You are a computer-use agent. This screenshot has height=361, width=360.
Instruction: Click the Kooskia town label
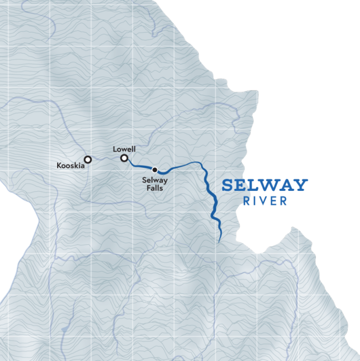click(x=70, y=165)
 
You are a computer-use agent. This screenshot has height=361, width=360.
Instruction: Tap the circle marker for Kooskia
click(x=88, y=159)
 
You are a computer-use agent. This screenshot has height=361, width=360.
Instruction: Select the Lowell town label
click(x=124, y=149)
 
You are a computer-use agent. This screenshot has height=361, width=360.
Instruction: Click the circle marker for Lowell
click(x=124, y=158)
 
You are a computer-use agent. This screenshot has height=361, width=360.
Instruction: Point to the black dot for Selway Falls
click(x=155, y=170)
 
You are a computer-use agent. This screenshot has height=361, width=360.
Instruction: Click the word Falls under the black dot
click(x=155, y=188)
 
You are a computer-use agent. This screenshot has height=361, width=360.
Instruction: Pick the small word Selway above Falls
click(x=155, y=180)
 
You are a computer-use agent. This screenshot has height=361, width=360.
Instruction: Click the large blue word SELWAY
click(x=265, y=185)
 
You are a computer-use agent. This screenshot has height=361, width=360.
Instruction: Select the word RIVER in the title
click(x=265, y=201)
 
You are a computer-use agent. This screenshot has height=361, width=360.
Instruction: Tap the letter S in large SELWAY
click(x=228, y=185)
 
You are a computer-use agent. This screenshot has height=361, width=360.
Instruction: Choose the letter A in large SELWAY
click(x=287, y=185)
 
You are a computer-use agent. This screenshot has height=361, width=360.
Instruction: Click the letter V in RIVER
click(x=265, y=201)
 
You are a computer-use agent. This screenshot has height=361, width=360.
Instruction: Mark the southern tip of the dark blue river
click(x=219, y=241)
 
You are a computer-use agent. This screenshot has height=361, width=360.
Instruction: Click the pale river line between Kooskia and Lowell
click(x=105, y=159)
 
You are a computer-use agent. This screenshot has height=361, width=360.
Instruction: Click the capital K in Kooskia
click(x=59, y=165)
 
